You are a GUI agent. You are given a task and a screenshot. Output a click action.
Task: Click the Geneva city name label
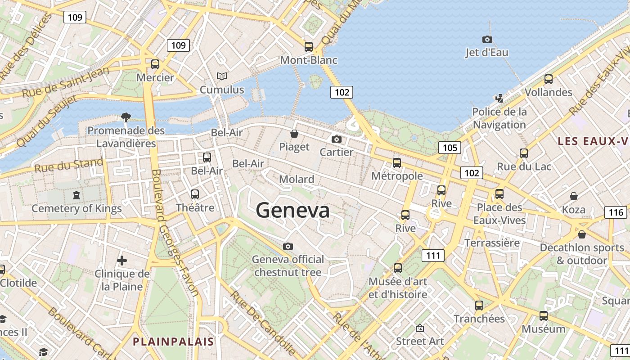pos(292,210)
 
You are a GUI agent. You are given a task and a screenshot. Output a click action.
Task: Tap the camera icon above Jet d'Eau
pos(487,39)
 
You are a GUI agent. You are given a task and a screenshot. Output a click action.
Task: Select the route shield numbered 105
pos(450,148)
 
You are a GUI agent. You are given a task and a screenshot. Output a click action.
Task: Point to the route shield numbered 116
pos(615,212)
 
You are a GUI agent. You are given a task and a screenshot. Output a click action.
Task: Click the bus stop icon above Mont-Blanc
pos(308,46)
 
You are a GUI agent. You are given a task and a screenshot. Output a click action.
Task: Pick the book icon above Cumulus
pos(222,76)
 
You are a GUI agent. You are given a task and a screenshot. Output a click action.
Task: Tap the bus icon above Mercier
pos(155,64)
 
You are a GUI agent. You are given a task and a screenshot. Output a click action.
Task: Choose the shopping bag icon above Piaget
pos(294,134)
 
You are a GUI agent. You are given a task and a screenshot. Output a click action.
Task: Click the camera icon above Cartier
pos(336,139)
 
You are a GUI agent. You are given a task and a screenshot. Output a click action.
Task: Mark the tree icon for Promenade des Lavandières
pos(126,117)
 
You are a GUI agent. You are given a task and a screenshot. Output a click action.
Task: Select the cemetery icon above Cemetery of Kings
pos(76,195)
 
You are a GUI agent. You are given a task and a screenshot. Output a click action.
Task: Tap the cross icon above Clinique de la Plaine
pos(121,260)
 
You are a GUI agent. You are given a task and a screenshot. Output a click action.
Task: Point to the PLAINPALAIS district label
pos(173,342)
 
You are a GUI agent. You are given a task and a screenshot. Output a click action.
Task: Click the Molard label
pos(297,179)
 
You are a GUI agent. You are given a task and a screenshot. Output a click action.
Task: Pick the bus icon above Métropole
pos(396,162)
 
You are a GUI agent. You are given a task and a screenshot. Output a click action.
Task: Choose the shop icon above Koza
pos(574,196)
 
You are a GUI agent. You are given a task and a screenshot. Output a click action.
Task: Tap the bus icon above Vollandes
pos(548,79)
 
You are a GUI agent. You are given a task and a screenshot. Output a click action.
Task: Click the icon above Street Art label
pos(420,328)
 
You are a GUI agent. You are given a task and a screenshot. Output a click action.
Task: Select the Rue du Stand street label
pos(68,165)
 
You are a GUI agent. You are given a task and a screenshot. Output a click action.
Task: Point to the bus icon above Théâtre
pos(195,194)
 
